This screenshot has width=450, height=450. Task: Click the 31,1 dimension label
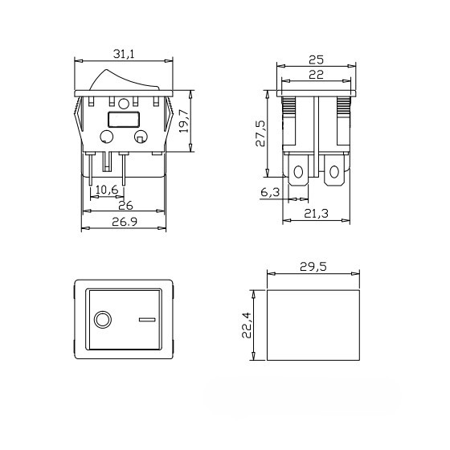click(124, 54)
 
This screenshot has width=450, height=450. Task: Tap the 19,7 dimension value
click(184, 121)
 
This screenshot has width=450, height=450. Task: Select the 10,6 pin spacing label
click(107, 190)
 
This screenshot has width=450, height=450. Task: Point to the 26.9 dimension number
click(125, 222)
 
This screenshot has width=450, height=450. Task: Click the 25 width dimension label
click(317, 60)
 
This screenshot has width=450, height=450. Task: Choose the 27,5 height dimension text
click(260, 133)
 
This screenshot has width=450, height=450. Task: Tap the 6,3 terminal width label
click(270, 192)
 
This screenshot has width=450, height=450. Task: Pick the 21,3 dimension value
click(316, 214)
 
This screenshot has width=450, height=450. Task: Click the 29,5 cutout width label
click(313, 267)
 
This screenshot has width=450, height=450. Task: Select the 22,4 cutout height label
click(247, 325)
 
